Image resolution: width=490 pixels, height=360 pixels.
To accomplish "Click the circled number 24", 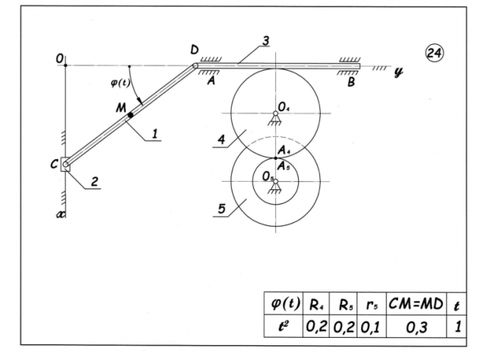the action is (434, 53).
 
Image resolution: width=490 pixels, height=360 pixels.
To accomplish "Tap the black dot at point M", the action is (130, 115).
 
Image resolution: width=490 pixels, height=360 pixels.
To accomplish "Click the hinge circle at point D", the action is (195, 66).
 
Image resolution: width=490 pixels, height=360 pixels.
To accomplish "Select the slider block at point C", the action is (65, 164).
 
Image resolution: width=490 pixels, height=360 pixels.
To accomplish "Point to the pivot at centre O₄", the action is (275, 113).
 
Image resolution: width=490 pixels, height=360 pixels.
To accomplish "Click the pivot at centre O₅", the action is (275, 181).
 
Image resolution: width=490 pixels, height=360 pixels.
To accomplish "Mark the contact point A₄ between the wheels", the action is (275, 158).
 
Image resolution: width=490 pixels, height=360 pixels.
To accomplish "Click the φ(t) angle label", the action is (120, 83).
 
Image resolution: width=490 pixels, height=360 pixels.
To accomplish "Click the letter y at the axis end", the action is (398, 72).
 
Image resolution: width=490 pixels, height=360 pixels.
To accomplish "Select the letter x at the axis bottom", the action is (61, 214).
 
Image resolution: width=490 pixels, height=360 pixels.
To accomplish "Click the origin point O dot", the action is (65, 66).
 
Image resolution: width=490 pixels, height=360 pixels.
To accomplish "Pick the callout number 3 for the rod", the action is (266, 40).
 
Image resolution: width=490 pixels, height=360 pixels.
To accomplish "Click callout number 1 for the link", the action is (155, 134).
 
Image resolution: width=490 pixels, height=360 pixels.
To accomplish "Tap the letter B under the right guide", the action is (351, 82).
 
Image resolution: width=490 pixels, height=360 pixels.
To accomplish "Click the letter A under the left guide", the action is (212, 81).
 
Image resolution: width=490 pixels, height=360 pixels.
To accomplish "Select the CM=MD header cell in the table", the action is (416, 304).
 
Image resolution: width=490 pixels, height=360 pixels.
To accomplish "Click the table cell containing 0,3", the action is (416, 327).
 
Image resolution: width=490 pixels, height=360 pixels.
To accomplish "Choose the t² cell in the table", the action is (283, 327).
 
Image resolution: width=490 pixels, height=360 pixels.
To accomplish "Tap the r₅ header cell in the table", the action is (372, 304).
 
